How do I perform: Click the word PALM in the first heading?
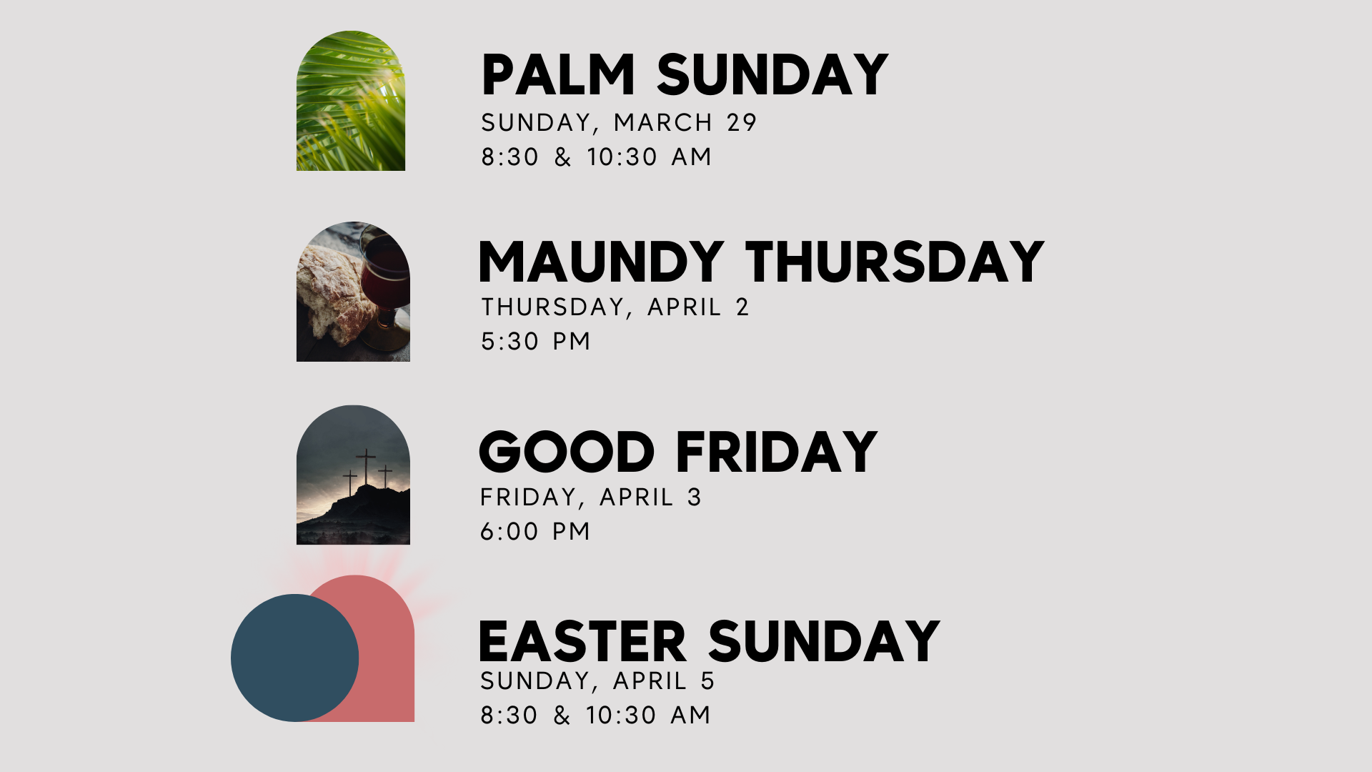pos(558,75)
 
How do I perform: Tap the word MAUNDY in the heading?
pos(601,262)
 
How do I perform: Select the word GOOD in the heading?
pos(567,452)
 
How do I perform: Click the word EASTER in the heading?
pos(582,642)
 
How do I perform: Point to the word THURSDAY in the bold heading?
pos(895,262)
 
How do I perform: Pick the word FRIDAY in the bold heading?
pos(776,452)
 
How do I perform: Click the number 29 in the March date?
pos(742,123)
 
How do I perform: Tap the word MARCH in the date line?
pos(663,123)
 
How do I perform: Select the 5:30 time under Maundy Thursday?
pos(509,342)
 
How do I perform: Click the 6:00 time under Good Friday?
pos(509,532)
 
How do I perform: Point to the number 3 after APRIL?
pos(694,498)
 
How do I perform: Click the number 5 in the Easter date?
pos(707,681)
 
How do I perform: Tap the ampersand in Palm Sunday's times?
pos(563,157)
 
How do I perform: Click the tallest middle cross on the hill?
pos(366,465)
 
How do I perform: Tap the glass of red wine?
pos(387,279)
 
